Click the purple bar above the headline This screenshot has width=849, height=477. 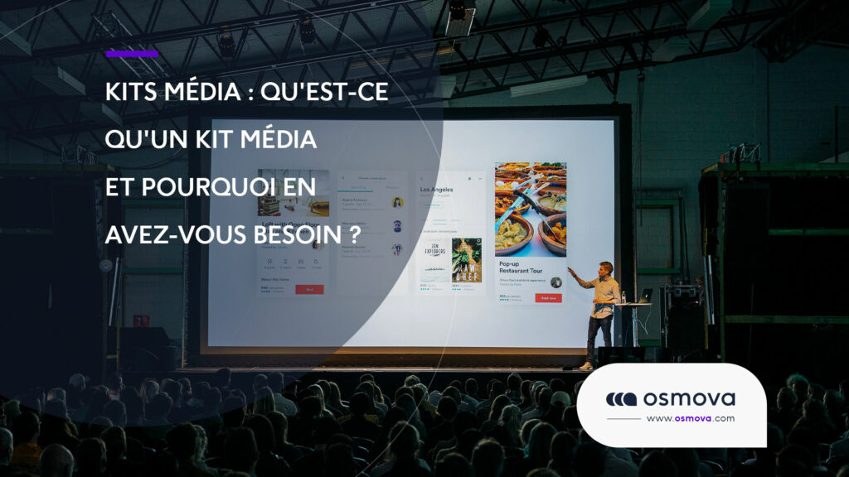click(132, 55)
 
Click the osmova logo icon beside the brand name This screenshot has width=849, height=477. click(621, 399)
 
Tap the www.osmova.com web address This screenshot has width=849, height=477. click(690, 418)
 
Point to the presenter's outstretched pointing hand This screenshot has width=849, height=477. click(570, 270)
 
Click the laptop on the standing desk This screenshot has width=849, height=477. click(644, 296)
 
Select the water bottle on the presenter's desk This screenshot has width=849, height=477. click(623, 296)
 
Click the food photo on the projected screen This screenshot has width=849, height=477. click(531, 209)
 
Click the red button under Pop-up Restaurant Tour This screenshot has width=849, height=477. click(548, 298)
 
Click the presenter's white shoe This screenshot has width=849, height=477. click(586, 365)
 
